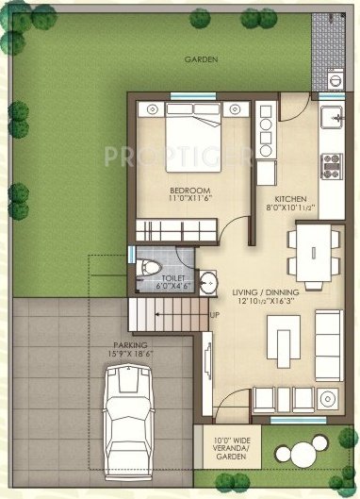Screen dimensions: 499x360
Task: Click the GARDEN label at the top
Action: coord(202,58)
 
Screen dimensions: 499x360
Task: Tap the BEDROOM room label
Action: coord(188,191)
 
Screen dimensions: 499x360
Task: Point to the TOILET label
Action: coord(174,279)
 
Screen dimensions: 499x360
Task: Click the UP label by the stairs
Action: coord(215,314)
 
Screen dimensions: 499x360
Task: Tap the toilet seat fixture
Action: coord(145,270)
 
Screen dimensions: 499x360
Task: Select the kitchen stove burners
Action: coord(331,167)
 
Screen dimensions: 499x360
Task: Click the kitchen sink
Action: coord(333,118)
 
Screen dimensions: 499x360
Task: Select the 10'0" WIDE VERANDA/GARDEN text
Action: coord(226,446)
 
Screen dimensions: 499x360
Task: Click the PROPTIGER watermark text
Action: coord(179,153)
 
